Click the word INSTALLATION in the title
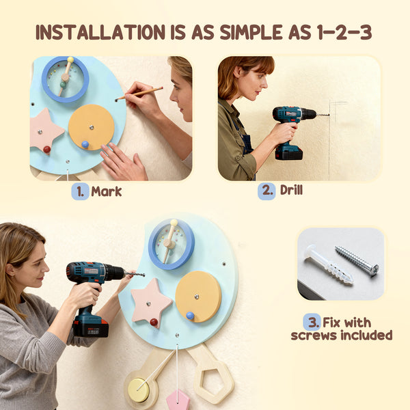96,32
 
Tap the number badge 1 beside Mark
80,191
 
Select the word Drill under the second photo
291,190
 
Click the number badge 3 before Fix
312,321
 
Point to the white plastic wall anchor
328,264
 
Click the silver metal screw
357,260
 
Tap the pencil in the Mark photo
139,94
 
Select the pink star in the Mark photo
46,130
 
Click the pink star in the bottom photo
151,301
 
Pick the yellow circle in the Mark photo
92,126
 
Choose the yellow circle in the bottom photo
198,296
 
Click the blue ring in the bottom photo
172,243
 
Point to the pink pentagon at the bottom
178,400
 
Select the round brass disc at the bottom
139,389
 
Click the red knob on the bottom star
154,322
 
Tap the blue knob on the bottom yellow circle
191,316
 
